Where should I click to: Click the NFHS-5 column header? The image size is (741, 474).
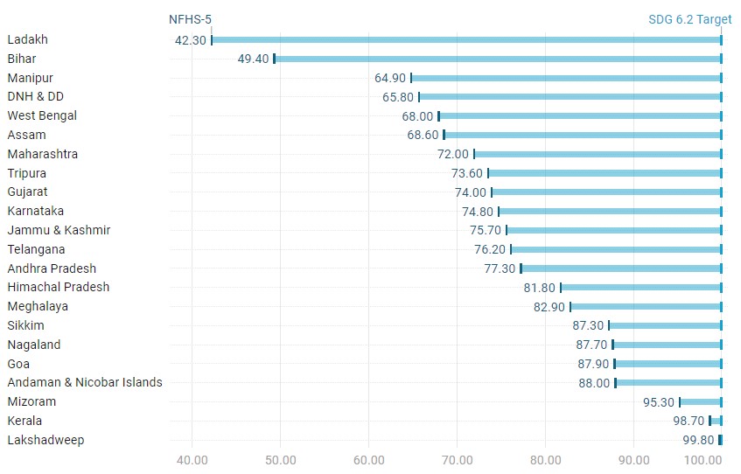click(190, 18)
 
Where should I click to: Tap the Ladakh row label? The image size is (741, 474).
click(27, 39)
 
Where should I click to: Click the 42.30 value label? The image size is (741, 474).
click(190, 40)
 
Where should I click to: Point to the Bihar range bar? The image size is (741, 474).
click(498, 59)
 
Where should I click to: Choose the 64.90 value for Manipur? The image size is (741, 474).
click(390, 78)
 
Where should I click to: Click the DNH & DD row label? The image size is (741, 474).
click(35, 96)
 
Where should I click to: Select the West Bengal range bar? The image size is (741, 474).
click(580, 116)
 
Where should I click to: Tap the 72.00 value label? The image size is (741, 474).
click(453, 154)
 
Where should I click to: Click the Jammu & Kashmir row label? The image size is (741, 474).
click(59, 230)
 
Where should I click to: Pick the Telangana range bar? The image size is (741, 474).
click(616, 249)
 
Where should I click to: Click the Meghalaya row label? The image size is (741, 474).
click(38, 306)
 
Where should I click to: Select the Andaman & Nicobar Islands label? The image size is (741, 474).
click(85, 382)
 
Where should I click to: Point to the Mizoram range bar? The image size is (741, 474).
click(701, 402)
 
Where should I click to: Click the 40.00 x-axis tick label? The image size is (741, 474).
click(192, 459)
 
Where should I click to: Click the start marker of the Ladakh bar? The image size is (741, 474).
click(212, 39)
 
